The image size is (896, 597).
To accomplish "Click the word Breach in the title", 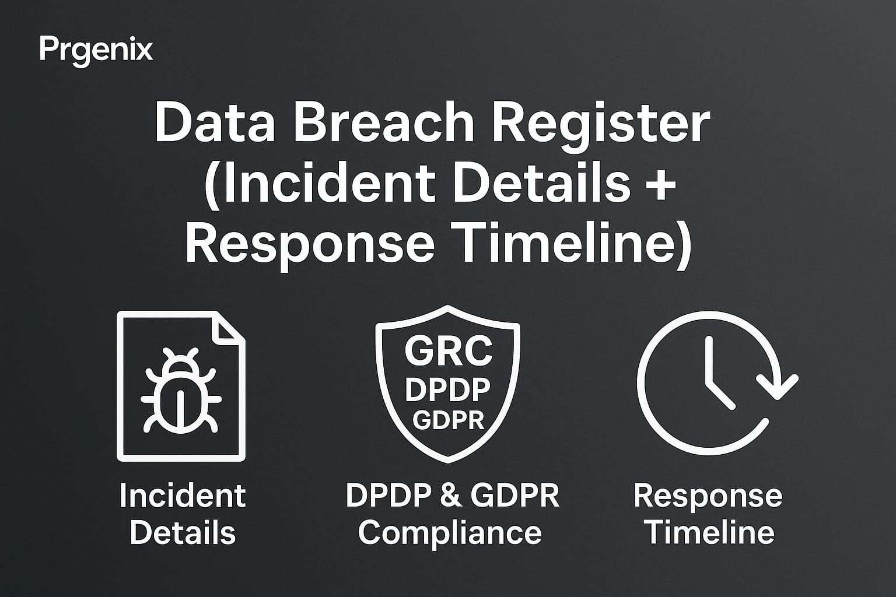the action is (x=384, y=121).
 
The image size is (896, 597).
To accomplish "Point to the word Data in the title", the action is (x=215, y=121).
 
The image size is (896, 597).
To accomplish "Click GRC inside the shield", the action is (x=448, y=351).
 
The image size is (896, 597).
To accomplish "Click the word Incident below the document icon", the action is (x=183, y=496).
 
